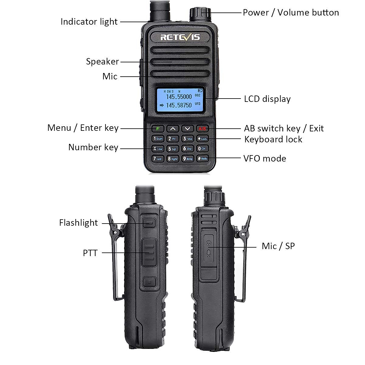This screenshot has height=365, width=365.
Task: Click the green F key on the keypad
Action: [158, 129]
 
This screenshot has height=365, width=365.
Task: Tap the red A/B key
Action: [202, 129]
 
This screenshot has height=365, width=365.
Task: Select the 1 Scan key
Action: [158, 139]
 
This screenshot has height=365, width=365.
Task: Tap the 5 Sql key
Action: [172, 149]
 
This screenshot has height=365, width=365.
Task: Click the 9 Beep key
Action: [187, 159]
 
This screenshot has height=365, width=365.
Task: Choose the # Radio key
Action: [202, 159]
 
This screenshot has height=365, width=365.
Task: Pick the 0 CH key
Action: [202, 149]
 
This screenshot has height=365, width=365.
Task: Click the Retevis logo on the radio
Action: [180, 37]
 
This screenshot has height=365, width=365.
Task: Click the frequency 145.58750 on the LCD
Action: [179, 105]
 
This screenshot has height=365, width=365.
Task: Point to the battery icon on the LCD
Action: [200, 90]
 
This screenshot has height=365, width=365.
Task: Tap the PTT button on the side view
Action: [149, 252]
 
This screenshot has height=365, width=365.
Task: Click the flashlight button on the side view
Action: [149, 223]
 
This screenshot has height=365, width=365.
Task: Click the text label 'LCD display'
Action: [267, 99]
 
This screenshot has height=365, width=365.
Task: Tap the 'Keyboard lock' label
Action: [273, 139]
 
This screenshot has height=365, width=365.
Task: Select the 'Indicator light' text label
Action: [89, 22]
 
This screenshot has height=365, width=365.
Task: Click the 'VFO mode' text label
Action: [265, 158]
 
